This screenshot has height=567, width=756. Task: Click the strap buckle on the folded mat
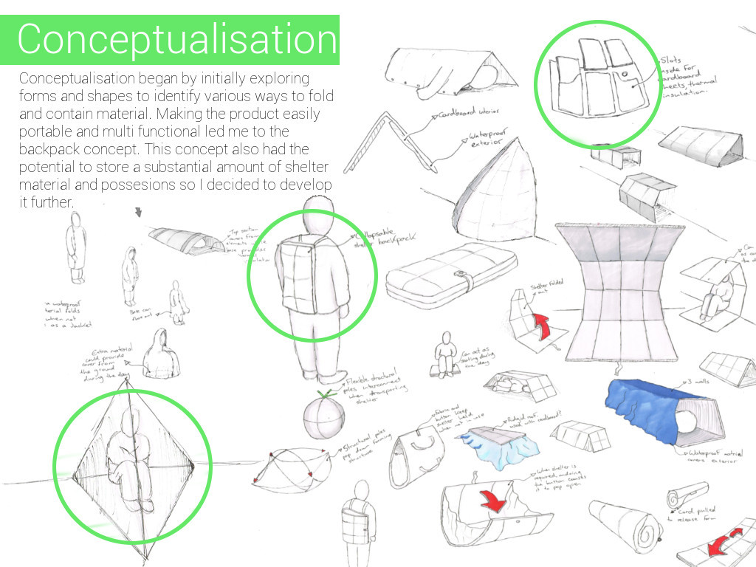coord(467,281)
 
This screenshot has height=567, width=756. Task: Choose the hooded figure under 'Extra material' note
coord(160,357)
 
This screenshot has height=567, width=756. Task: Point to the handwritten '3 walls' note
coord(701,382)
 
